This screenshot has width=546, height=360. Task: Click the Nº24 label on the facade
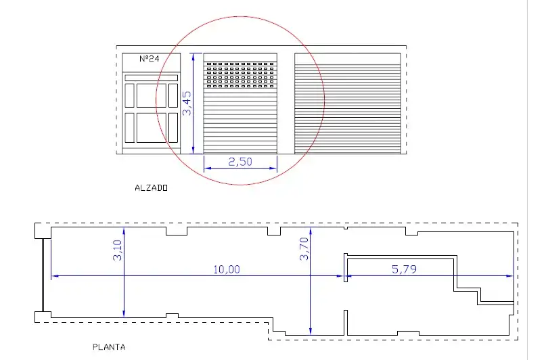click(149, 58)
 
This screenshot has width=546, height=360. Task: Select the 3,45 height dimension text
click(187, 103)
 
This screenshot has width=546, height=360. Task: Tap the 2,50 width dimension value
click(240, 162)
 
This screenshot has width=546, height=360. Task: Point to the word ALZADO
click(151, 188)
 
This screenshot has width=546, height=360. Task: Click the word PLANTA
click(109, 347)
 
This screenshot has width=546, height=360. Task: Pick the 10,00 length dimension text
click(227, 269)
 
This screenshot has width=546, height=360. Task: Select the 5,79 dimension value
click(404, 269)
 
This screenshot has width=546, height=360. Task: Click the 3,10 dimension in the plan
click(117, 250)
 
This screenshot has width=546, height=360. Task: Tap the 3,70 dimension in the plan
click(304, 248)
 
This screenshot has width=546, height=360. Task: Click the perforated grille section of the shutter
click(240, 75)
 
